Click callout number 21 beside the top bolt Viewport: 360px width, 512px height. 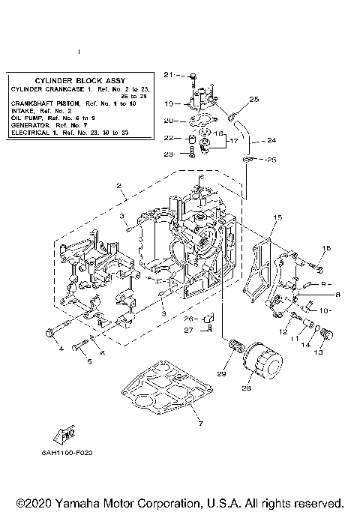pyautogui.click(x=169, y=74)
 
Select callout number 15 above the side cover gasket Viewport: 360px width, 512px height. pyautogui.click(x=277, y=217)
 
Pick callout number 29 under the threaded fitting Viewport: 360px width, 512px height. pyautogui.click(x=221, y=373)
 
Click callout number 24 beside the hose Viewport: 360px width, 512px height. pyautogui.click(x=271, y=140)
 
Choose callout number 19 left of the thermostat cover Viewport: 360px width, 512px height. pyautogui.click(x=169, y=103)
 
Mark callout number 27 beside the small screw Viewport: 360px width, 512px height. pyautogui.click(x=190, y=329)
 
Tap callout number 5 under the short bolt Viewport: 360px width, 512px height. pyautogui.click(x=89, y=361)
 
